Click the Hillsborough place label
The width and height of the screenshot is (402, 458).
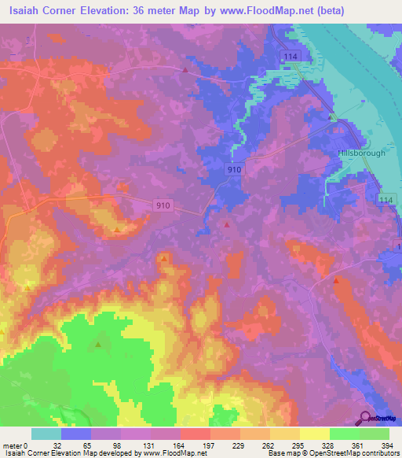(361, 153)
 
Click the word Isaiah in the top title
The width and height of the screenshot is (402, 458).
(26, 11)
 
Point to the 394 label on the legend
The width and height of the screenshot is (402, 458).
(389, 445)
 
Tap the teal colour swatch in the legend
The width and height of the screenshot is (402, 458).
(46, 434)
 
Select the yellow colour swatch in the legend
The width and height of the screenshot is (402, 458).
(314, 434)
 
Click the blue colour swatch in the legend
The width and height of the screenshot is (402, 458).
(75, 434)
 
